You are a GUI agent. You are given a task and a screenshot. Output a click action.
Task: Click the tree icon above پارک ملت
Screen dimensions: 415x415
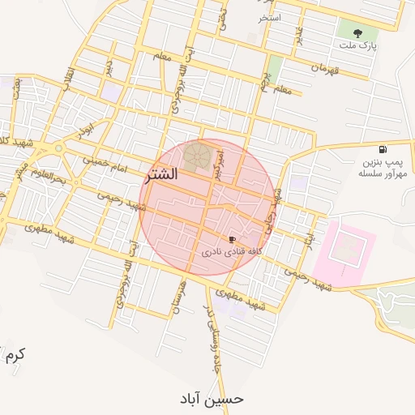357,33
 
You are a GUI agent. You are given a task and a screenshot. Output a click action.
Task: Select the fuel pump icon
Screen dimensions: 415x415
382,150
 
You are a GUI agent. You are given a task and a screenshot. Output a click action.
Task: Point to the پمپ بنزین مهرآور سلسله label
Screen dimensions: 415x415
382,168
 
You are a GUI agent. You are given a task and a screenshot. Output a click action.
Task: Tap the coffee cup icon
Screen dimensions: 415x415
233,240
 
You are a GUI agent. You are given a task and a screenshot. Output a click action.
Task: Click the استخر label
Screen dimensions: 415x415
269,17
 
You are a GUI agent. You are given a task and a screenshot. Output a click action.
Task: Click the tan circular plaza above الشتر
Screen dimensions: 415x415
196,155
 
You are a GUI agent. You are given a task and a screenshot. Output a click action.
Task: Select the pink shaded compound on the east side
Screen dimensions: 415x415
344,249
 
